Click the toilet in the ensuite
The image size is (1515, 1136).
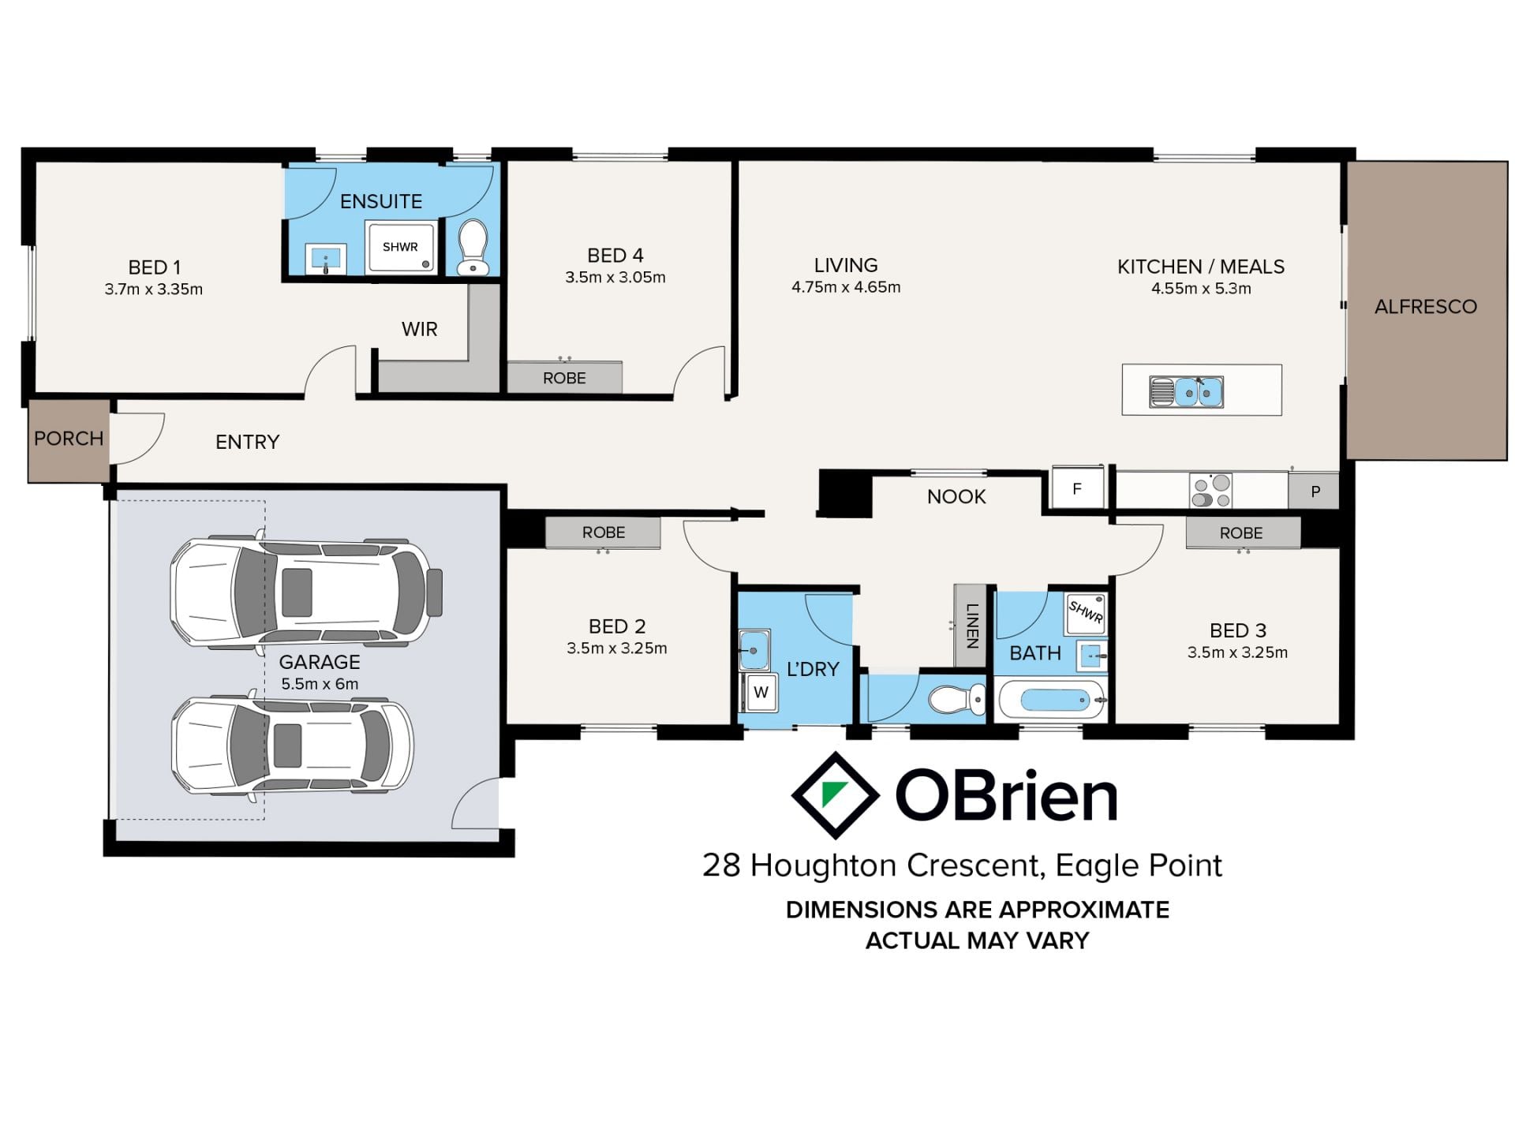(x=473, y=247)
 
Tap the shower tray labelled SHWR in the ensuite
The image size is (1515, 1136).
(x=400, y=247)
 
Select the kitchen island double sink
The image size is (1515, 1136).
(x=1187, y=391)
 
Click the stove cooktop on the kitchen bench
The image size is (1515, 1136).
(x=1211, y=490)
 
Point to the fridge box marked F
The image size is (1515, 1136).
(x=1078, y=489)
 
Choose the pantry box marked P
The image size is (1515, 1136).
(x=1315, y=491)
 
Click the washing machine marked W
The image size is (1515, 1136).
(x=761, y=693)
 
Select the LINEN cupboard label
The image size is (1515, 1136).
(x=972, y=626)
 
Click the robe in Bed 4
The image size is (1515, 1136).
(x=564, y=377)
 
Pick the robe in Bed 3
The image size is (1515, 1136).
(x=1242, y=532)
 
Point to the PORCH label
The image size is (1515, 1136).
(x=69, y=439)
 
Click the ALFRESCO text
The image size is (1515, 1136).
(x=1426, y=307)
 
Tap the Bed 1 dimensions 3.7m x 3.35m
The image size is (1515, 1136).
(x=154, y=290)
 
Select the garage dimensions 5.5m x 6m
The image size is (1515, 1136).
(x=320, y=684)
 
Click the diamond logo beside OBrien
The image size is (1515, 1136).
(x=836, y=795)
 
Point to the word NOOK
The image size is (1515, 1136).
(x=956, y=497)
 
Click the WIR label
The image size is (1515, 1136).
(x=419, y=329)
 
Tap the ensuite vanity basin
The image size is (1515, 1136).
(x=325, y=259)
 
